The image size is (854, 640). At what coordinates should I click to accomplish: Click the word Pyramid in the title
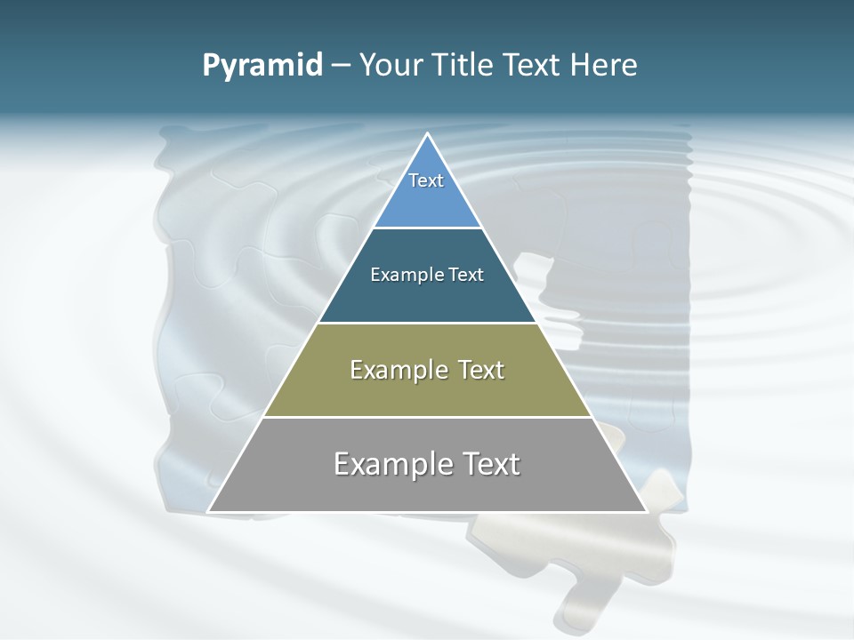262,66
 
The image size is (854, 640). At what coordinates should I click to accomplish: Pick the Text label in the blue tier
426,180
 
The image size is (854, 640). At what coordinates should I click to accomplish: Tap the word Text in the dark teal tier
466,275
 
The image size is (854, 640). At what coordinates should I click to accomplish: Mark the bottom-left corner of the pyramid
209,511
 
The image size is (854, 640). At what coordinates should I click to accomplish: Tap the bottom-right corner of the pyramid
646,511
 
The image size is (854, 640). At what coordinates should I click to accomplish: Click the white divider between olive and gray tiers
428,417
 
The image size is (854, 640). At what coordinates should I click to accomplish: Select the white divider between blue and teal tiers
428,228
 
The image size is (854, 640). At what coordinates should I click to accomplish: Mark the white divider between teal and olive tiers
428,323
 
